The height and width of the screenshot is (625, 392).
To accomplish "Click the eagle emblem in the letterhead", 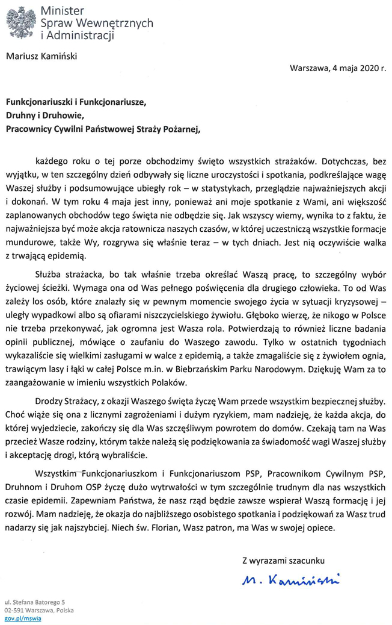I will [20, 23].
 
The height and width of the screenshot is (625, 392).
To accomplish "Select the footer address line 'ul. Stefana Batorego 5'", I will [35, 602].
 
